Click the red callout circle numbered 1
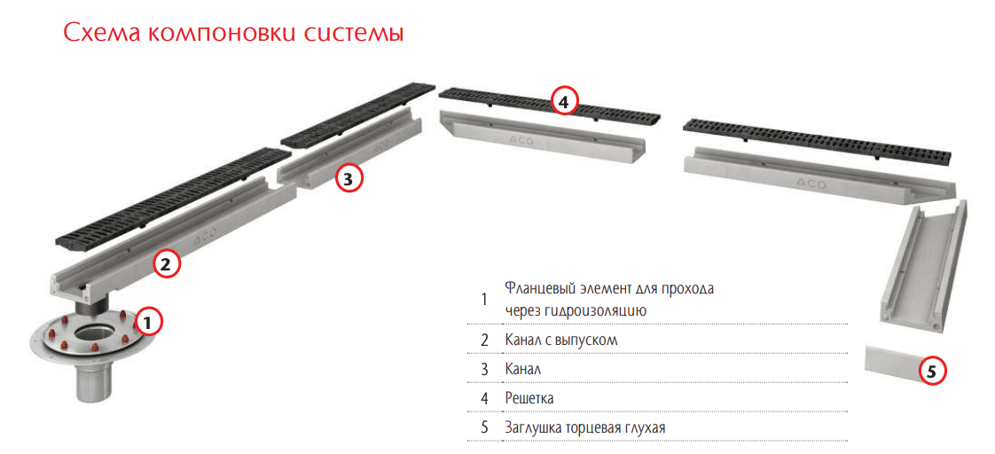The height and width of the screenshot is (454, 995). (x=147, y=323)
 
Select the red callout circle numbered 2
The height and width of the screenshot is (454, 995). (x=165, y=264)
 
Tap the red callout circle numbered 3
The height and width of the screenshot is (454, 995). (x=347, y=179)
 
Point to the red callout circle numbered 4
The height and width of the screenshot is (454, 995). (x=565, y=100)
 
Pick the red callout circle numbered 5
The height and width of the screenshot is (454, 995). (x=931, y=372)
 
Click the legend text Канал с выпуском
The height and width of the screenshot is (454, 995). (x=561, y=340)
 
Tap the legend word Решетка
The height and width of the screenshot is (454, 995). (x=529, y=398)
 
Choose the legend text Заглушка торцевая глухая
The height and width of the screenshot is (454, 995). (x=585, y=427)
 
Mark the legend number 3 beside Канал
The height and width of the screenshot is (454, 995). (x=485, y=369)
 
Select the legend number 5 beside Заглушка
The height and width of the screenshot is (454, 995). (x=485, y=427)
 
